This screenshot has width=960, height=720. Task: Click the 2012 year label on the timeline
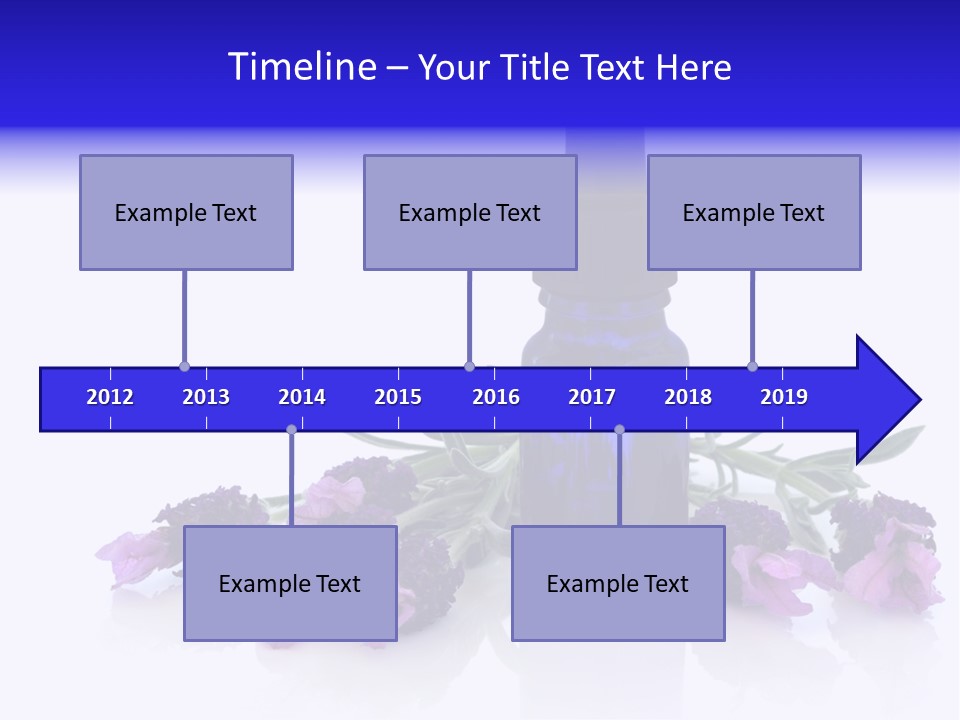110,397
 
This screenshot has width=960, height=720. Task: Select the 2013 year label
206,397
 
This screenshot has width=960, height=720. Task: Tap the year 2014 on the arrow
302,397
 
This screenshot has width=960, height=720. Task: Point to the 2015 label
398,397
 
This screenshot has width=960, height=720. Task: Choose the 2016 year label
496,397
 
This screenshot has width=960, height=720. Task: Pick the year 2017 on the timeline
592,397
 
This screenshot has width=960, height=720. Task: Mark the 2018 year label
688,397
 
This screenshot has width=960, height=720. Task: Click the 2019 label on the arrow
784,397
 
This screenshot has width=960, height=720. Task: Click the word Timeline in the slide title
301,67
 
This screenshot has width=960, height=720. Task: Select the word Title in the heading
536,68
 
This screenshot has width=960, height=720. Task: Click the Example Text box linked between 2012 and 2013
186,212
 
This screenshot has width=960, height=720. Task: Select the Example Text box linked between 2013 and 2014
290,583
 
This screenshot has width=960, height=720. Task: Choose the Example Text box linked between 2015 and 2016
470,212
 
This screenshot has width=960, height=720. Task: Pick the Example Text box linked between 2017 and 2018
618,583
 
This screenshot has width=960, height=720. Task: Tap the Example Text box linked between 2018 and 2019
754,212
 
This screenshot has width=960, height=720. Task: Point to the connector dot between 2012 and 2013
184,367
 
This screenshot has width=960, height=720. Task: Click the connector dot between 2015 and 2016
469,367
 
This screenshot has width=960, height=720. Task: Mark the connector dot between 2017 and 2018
619,430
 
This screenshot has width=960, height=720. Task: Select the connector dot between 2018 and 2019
752,367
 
